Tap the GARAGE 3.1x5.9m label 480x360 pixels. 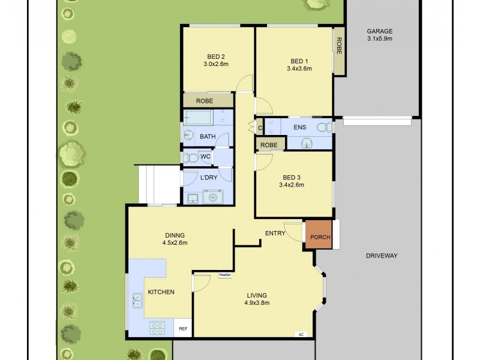point(379,35)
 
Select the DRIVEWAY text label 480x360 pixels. point(382,256)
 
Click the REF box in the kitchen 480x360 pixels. point(183,328)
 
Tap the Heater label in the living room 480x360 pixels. point(225,275)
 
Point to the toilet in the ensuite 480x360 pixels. point(323,127)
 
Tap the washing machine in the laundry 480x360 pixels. point(212,197)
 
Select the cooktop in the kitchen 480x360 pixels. point(157,328)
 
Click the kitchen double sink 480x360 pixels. point(137,299)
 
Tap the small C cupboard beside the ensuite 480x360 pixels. point(260,128)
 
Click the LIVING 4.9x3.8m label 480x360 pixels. point(256,299)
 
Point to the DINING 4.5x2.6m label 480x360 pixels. point(175,239)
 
